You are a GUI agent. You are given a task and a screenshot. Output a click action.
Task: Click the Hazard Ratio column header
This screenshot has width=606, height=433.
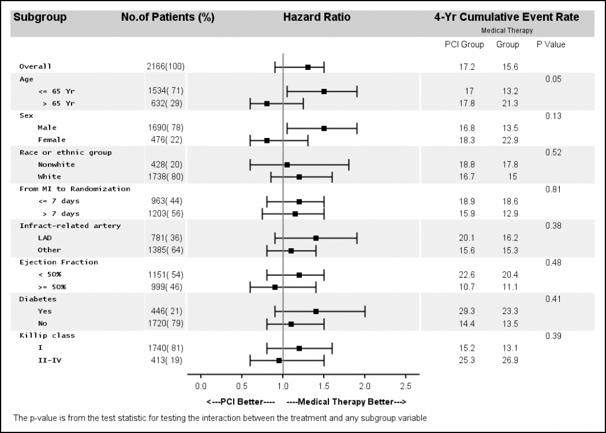317,17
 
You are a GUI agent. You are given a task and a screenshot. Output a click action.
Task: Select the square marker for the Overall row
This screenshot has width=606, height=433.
308,67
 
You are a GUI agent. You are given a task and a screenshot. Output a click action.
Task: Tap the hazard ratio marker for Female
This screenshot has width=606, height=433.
267,140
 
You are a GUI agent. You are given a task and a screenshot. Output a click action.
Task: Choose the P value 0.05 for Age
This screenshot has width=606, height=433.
553,79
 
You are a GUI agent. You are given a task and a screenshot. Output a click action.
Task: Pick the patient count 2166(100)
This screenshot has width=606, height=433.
166,67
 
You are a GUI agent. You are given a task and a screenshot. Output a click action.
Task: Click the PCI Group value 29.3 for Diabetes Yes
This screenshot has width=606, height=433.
468,311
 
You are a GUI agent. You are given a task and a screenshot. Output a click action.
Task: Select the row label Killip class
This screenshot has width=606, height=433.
47,335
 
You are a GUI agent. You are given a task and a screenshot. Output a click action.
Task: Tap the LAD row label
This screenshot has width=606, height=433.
45,238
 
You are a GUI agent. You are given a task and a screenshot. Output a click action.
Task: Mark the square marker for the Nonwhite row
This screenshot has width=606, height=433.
287,165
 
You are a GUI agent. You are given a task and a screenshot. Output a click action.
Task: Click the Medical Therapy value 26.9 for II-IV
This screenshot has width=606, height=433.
510,360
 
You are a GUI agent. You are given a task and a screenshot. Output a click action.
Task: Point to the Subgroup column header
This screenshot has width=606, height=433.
40,17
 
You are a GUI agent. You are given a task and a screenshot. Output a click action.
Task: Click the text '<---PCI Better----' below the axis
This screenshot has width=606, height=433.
241,402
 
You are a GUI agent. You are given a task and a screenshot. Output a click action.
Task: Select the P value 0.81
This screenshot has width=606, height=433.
553,189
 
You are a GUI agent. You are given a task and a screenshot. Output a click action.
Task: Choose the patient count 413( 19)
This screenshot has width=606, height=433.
166,360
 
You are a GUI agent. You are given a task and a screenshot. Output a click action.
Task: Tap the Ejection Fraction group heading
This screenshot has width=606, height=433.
59,262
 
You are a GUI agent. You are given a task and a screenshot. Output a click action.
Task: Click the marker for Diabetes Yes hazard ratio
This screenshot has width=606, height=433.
316,311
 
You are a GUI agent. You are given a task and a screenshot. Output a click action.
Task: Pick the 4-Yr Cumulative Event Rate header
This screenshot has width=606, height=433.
507,17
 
